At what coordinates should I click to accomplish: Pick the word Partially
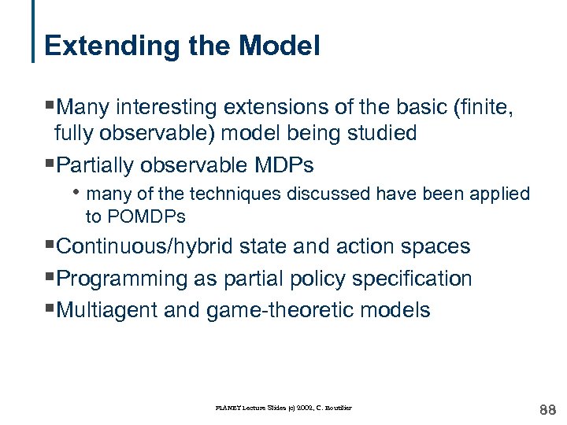tap(96, 165)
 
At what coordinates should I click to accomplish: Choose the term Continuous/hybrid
tap(150, 246)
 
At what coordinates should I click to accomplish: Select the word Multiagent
tap(109, 310)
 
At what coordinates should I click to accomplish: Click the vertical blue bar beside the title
tap(34, 31)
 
